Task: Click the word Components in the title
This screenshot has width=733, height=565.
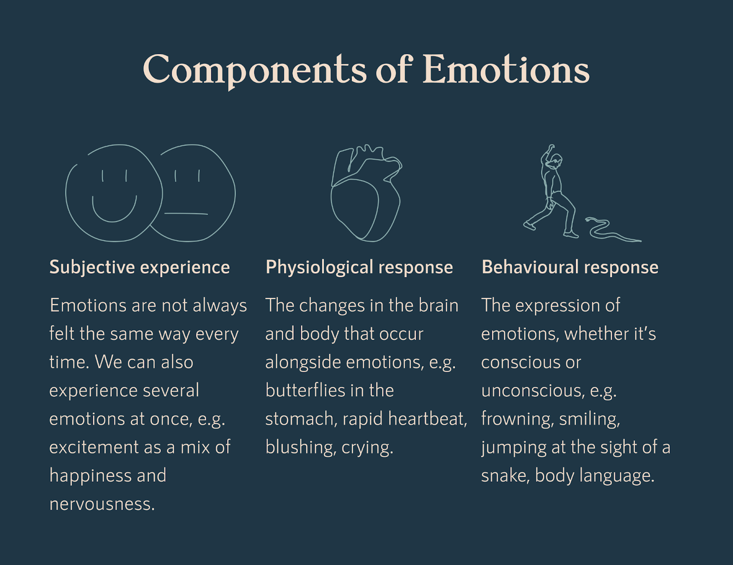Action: [x=255, y=70]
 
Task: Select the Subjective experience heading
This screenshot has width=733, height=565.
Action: [x=139, y=267]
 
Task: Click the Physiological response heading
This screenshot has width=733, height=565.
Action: [x=359, y=267]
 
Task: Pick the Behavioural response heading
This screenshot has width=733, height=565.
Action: [x=570, y=267]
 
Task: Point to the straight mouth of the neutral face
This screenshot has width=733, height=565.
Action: [x=186, y=214]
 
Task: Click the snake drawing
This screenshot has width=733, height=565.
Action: [x=609, y=230]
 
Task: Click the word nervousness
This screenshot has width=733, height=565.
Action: [x=101, y=504]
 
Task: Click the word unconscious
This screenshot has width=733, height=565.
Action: [x=533, y=390]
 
